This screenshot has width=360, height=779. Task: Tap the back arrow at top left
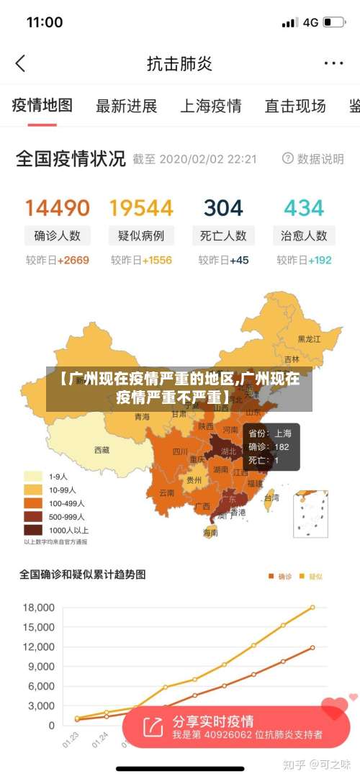tap(20, 63)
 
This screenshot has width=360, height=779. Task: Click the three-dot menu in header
tap(333, 63)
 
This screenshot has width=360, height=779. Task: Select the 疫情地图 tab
tap(42, 106)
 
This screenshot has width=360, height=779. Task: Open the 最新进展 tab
tap(127, 107)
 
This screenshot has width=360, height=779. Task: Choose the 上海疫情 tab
tap(210, 107)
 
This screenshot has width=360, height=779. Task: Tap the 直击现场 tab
tap(295, 107)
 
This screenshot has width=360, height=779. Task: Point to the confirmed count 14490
tap(58, 208)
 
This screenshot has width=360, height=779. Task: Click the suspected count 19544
tap(141, 208)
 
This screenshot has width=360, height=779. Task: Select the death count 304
tap(223, 208)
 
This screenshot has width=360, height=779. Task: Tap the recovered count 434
tap(304, 208)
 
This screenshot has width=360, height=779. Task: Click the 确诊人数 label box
tap(58, 235)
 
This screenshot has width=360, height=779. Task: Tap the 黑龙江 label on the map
tap(310, 338)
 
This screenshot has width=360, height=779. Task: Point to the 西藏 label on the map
tap(102, 450)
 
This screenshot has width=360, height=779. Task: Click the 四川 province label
tap(180, 452)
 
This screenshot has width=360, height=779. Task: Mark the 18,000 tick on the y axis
tap(39, 608)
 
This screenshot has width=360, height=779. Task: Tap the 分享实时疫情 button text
tap(212, 721)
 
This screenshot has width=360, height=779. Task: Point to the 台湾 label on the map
tap(271, 497)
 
